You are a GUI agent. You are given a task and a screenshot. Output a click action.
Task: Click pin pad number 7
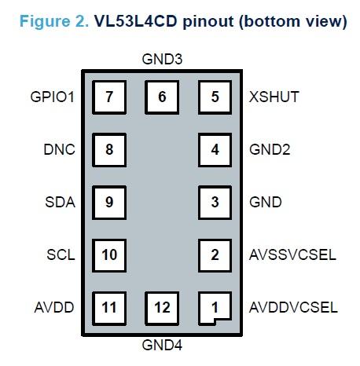[109, 97]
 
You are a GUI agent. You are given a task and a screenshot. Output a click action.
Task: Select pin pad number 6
[162, 97]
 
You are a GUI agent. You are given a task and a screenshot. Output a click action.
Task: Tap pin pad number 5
[215, 97]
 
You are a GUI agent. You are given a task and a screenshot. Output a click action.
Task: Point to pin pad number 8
[109, 149]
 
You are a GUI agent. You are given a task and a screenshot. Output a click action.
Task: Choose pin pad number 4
[215, 149]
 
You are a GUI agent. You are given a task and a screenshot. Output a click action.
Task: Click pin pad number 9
[109, 202]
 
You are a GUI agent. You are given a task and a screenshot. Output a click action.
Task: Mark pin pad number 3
[215, 202]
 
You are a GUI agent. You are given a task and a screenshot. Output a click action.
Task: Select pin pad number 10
[109, 254]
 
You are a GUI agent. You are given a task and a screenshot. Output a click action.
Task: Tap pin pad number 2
[215, 254]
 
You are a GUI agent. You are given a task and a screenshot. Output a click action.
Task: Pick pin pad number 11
[109, 307]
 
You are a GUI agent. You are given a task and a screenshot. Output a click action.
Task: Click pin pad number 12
[162, 307]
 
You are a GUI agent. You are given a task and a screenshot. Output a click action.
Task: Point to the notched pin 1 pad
[215, 307]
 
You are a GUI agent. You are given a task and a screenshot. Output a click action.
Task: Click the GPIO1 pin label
[51, 97]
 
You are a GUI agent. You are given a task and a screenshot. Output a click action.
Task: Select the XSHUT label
[274, 97]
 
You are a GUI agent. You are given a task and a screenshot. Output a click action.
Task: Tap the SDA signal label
[61, 202]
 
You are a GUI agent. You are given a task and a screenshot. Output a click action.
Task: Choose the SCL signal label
[61, 254]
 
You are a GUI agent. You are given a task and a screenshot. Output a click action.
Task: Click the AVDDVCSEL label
[293, 307]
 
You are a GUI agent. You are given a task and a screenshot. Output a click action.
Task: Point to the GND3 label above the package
[161, 59]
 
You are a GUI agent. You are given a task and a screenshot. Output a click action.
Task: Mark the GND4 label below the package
[161, 344]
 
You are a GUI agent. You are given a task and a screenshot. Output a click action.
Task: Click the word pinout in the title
[207, 21]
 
